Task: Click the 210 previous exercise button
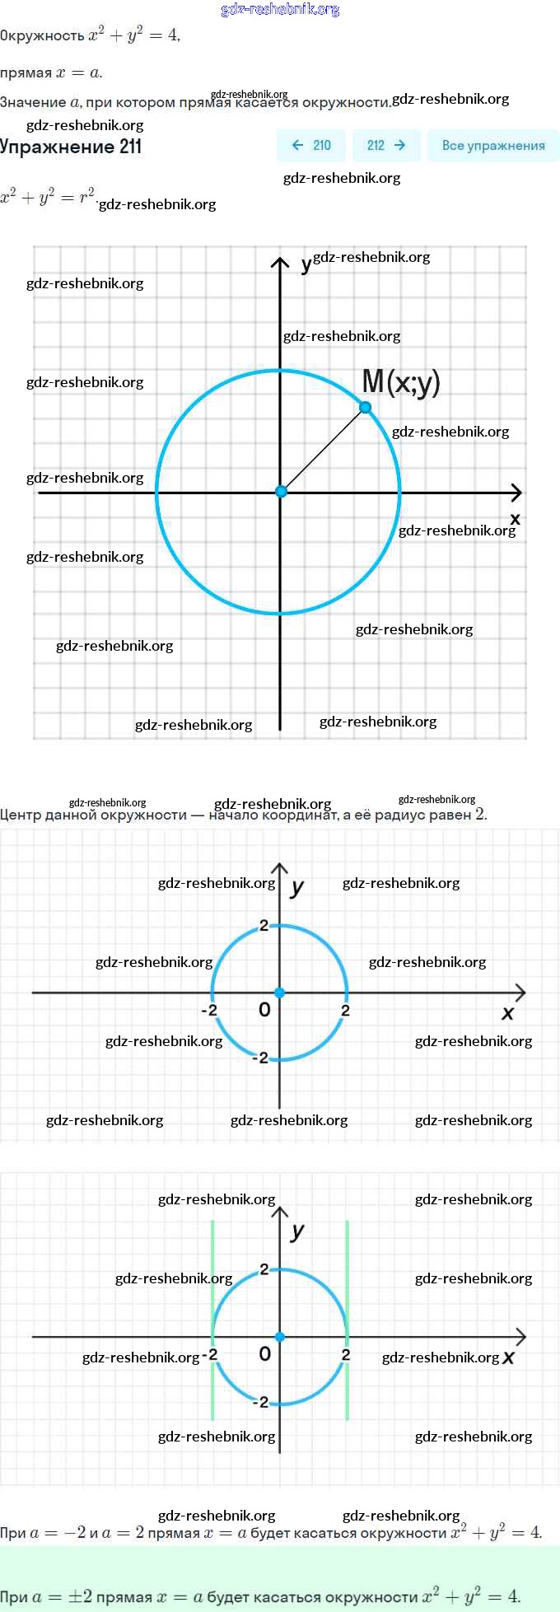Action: click(311, 146)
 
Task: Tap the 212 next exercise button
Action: click(386, 146)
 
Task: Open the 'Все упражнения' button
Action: click(493, 146)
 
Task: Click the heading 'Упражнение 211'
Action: click(71, 147)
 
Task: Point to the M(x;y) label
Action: click(401, 381)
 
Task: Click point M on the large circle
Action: click(366, 407)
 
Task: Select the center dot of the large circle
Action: click(281, 492)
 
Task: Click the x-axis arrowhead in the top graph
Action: click(516, 493)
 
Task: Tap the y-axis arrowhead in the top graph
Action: click(280, 263)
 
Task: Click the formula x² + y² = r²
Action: click(47, 198)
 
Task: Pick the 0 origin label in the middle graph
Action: click(264, 1010)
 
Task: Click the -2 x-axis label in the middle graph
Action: click(209, 1010)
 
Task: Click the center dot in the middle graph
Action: click(280, 993)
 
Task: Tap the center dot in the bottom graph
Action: click(280, 1336)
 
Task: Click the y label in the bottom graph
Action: click(297, 1231)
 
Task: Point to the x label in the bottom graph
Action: click(508, 1357)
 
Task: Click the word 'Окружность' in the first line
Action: click(42, 35)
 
